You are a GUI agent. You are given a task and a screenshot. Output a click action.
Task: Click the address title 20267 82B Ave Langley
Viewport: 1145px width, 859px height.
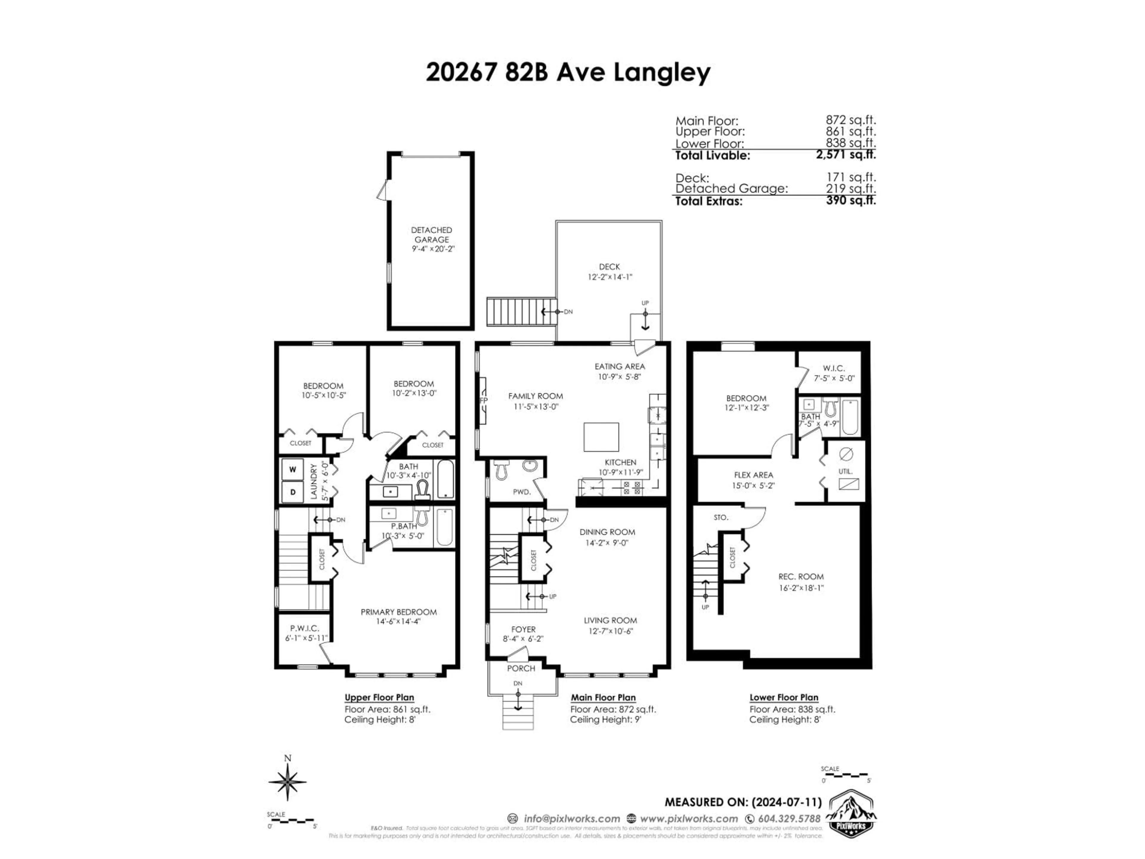(x=568, y=72)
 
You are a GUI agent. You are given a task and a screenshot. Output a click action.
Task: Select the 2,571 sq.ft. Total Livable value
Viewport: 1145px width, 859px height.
(x=846, y=154)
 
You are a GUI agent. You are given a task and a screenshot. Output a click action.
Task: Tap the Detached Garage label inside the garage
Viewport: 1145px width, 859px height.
(x=431, y=234)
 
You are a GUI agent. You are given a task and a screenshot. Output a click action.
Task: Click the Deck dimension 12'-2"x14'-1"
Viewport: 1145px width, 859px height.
(x=609, y=277)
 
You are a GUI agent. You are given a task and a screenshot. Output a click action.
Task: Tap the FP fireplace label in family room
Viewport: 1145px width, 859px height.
(x=483, y=400)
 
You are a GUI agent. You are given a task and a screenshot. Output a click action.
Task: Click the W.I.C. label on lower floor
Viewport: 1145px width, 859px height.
(x=833, y=368)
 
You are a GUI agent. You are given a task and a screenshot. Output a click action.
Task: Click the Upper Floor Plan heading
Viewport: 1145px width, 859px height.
(x=379, y=697)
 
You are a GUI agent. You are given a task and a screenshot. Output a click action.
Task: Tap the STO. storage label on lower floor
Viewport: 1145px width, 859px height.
(x=720, y=517)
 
